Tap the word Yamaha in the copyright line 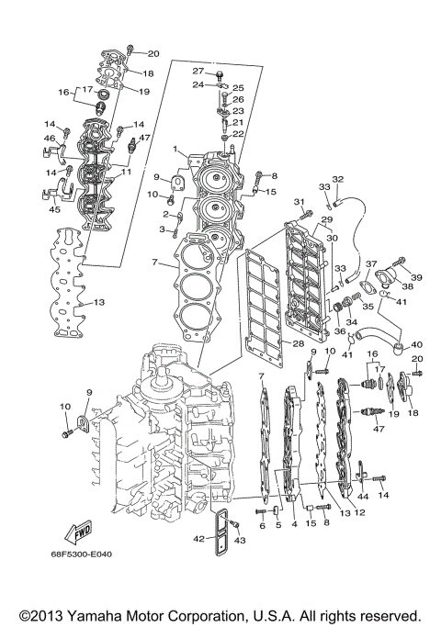100,614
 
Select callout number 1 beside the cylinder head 175,149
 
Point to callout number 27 197,71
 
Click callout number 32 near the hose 338,179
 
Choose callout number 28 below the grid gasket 298,343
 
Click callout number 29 325,219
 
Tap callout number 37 371,263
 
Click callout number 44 363,497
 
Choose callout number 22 239,134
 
